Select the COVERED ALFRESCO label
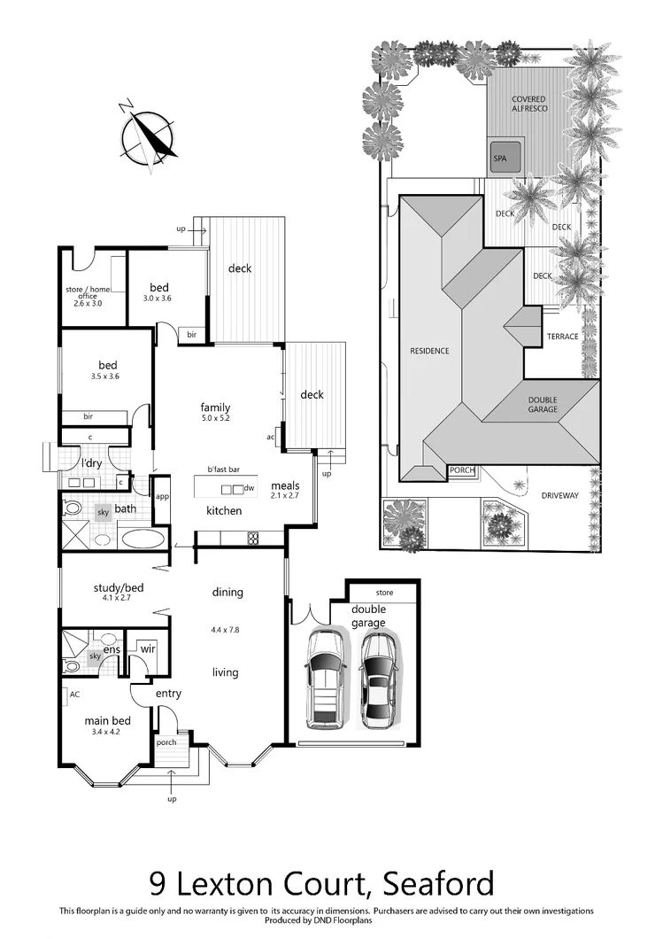click(529, 103)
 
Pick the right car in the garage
click(377, 679)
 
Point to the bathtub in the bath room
click(142, 538)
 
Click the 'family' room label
click(215, 408)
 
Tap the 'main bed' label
click(102, 721)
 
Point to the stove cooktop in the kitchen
click(252, 537)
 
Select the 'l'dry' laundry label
click(90, 464)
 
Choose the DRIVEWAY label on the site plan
click(559, 496)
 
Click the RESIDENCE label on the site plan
click(429, 351)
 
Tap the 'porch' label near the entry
click(166, 742)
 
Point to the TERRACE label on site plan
click(562, 337)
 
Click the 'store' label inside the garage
click(383, 592)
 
